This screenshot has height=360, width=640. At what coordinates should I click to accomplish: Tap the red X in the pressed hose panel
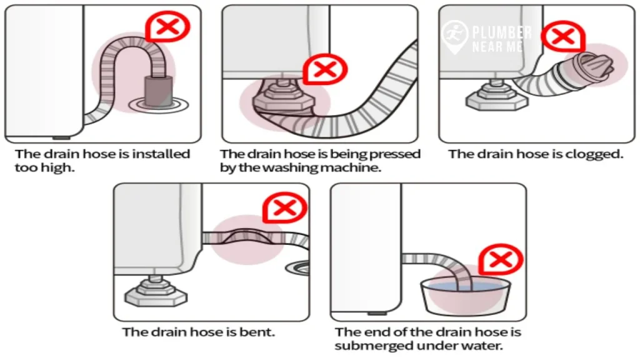(324, 69)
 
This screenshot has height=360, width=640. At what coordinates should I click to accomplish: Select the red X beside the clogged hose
(562, 37)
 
